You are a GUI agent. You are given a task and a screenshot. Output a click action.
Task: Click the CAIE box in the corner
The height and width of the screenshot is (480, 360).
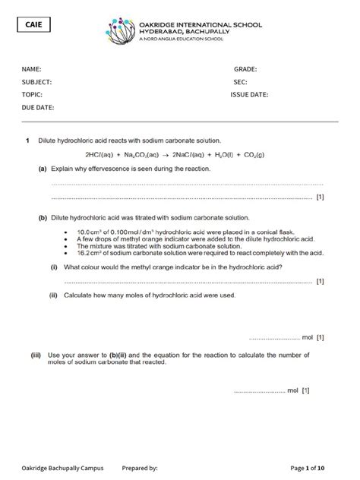(33, 27)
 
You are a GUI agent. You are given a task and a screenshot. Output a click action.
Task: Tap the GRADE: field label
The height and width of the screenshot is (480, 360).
(245, 69)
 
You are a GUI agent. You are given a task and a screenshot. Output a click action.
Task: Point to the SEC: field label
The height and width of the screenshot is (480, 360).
(240, 82)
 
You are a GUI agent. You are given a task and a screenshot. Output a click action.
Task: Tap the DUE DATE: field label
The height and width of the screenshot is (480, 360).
(37, 108)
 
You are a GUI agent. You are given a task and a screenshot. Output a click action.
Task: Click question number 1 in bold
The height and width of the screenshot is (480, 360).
(27, 141)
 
